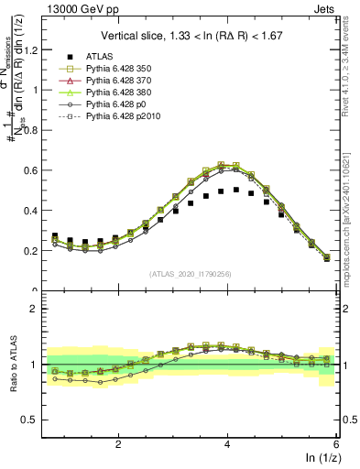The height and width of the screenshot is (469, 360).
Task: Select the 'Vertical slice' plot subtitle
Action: click(193, 37)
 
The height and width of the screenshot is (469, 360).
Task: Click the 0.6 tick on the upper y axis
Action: click(34, 170)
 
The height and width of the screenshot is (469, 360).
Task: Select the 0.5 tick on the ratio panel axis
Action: click(34, 420)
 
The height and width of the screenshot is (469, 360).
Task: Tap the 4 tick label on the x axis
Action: click(227, 442)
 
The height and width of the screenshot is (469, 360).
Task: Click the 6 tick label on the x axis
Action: click(335, 442)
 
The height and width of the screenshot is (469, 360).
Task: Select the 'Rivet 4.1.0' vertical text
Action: click(352, 64)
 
